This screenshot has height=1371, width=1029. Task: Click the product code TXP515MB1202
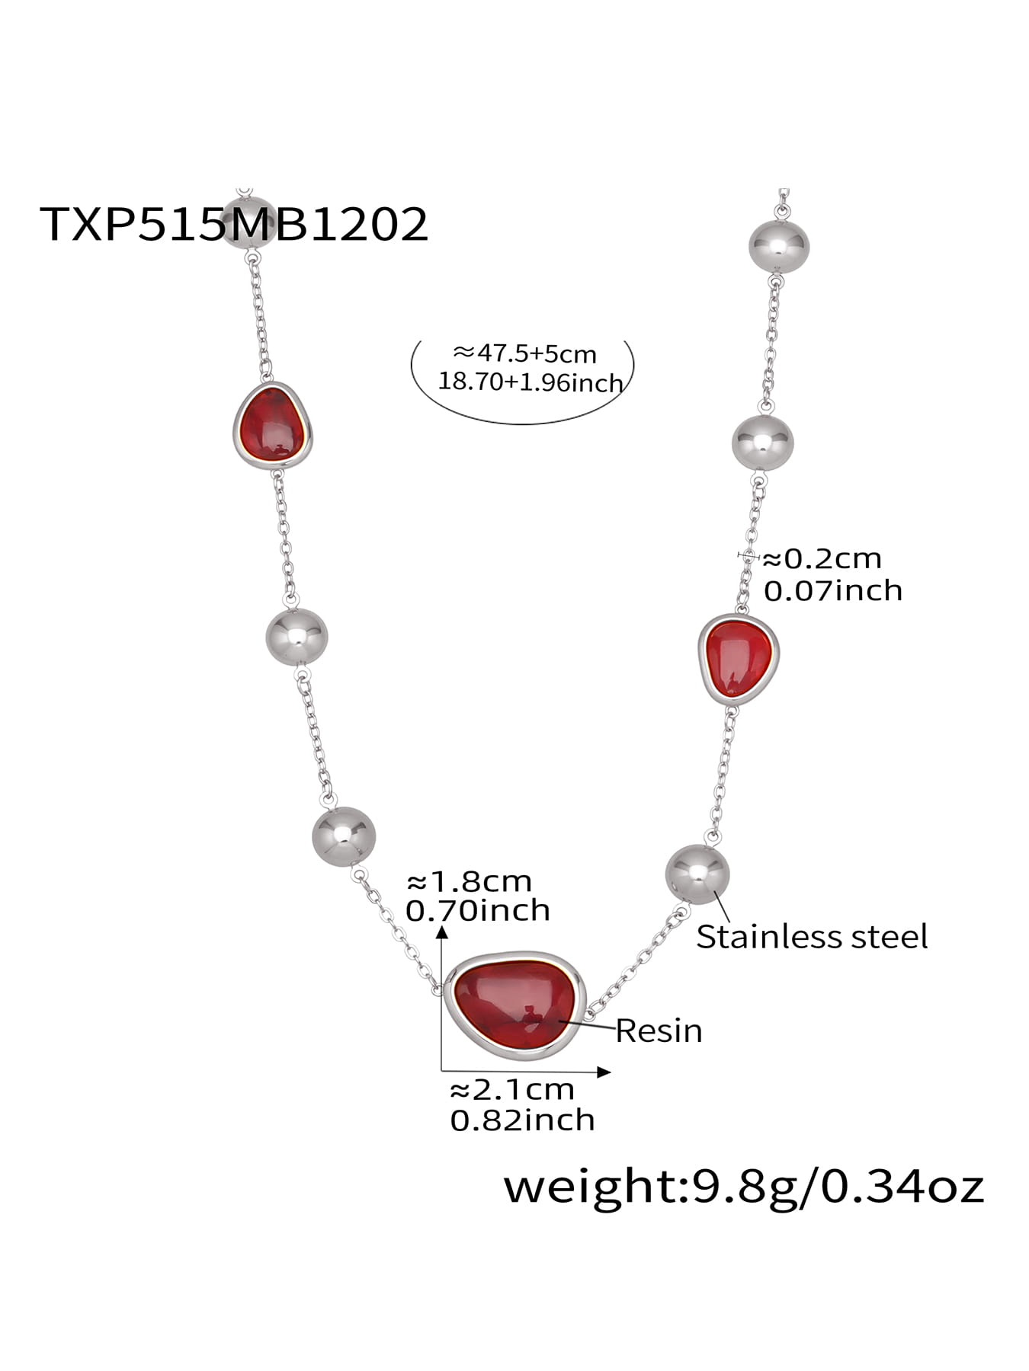[233, 224]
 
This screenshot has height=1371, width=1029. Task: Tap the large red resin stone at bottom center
[515, 1005]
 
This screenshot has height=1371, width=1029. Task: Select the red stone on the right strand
[737, 658]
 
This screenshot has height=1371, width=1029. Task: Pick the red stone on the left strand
[272, 425]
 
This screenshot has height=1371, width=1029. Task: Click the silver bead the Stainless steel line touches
[697, 874]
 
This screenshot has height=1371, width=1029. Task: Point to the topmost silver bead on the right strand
[778, 245]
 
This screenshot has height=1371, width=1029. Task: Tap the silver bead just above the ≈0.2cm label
[762, 443]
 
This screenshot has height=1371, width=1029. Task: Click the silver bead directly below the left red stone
[297, 637]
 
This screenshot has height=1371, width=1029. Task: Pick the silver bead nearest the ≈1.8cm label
[344, 836]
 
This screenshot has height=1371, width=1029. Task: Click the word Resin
[659, 1031]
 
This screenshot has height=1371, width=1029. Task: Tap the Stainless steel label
[812, 937]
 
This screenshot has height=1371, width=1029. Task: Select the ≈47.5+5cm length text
[524, 353]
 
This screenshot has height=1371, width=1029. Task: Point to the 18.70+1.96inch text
[531, 382]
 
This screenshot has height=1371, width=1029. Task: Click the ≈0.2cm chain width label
[822, 559]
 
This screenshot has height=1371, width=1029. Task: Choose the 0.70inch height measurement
[478, 910]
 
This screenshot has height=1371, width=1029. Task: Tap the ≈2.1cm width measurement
[511, 1090]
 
